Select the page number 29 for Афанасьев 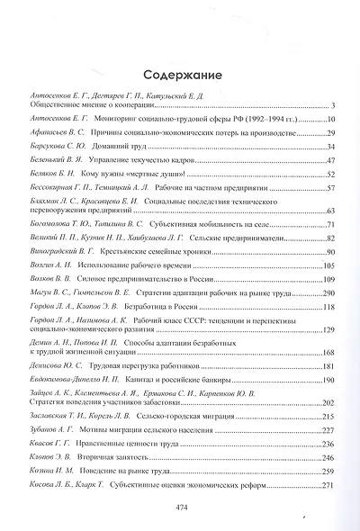click(x=330, y=131)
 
